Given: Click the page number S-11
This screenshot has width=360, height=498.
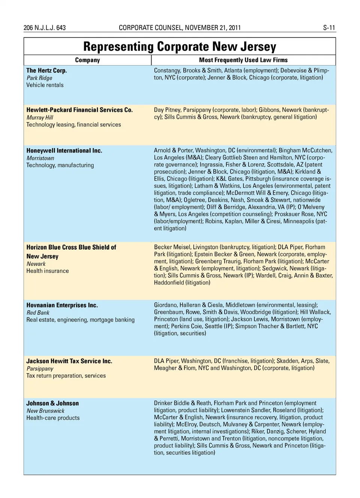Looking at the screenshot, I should (329, 28).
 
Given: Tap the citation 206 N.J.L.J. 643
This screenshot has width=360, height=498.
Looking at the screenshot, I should (45, 28).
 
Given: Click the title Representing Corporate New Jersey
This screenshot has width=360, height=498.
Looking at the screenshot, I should (180, 46).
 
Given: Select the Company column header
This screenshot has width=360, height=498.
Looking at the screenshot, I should (87, 60).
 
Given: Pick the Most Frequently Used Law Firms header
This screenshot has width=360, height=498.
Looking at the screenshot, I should (243, 60).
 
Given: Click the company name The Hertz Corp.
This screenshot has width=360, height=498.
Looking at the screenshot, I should (46, 70).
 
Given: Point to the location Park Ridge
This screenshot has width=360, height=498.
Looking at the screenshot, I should (39, 78).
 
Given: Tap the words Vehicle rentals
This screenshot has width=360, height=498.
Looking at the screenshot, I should (45, 85).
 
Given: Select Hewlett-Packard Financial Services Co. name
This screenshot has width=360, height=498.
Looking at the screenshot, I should (79, 110).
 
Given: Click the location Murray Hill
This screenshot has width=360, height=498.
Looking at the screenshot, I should (40, 117).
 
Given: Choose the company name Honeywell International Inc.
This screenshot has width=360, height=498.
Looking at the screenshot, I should (64, 151).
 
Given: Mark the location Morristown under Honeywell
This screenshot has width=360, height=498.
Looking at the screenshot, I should (40, 158).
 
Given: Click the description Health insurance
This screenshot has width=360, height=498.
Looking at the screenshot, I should (48, 271).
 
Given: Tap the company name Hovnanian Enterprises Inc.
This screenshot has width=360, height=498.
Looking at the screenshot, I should (62, 305).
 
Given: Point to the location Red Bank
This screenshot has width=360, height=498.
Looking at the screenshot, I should (38, 313).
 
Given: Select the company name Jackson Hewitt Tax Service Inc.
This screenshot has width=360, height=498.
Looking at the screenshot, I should (69, 361).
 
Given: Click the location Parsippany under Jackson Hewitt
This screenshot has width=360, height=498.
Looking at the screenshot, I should (40, 368).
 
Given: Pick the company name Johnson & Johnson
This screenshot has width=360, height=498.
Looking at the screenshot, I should (52, 404).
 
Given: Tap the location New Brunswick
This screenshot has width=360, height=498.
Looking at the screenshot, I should (45, 411).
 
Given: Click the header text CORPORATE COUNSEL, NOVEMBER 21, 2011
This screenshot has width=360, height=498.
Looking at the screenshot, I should (180, 28).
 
